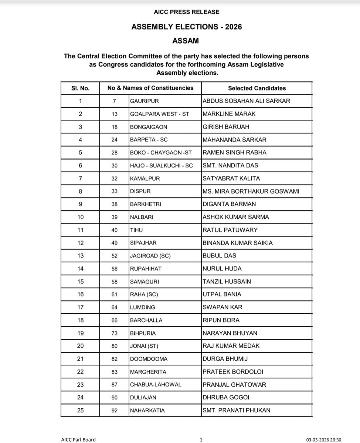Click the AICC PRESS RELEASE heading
point(187,12)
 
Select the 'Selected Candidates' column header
point(257,88)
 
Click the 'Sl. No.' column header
point(80,88)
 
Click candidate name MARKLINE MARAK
point(229,114)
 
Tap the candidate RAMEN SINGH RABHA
point(234,153)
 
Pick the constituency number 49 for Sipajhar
point(114,243)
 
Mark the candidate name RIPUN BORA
point(221,320)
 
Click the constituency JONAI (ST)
point(146,346)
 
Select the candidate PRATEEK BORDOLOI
point(233,372)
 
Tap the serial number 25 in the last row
point(80,410)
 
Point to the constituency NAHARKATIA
point(147,410)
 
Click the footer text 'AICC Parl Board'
point(78,439)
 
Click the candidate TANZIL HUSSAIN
point(227,282)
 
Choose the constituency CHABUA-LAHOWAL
point(156,385)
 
